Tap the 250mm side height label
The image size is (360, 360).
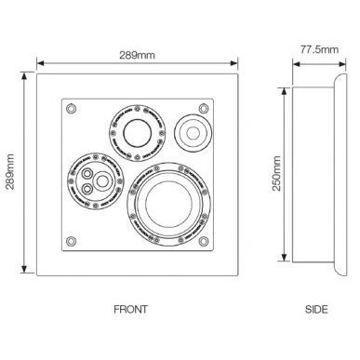(276, 174)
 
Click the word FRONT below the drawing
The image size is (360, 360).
(129, 309)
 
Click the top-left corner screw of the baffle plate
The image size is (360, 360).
(69, 108)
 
